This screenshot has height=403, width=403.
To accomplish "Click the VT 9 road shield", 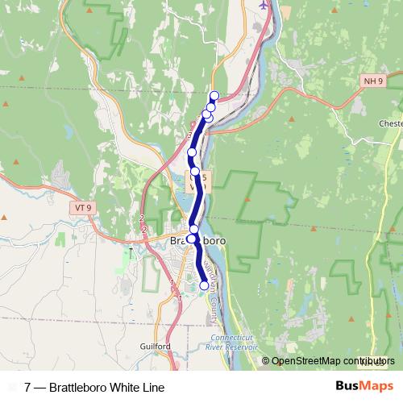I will tap(81, 207).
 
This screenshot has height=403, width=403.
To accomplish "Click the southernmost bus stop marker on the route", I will tap(204, 285).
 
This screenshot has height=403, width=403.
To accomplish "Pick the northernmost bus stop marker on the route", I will tap(214, 96).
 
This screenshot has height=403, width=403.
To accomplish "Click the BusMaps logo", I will tap(365, 385).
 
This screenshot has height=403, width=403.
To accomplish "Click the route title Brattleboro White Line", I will tap(106, 388).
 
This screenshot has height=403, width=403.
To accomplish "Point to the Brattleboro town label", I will tap(197, 241).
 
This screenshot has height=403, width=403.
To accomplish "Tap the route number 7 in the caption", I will tap(28, 388).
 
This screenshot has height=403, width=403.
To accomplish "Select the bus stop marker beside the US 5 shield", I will tap(195, 171).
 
